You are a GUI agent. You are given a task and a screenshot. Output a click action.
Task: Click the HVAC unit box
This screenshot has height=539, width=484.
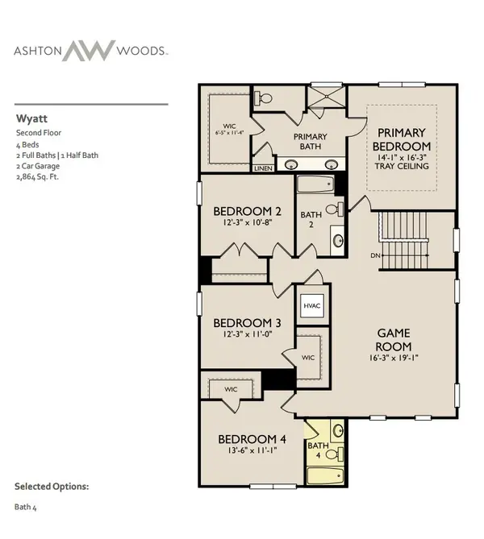tap(312, 305)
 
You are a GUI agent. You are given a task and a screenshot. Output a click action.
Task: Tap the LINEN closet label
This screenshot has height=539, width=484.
tap(263, 168)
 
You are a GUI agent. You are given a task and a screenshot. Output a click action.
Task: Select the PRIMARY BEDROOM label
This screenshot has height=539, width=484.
tap(402, 139)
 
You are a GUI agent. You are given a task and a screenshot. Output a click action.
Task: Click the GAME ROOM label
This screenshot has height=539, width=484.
tap(394, 340)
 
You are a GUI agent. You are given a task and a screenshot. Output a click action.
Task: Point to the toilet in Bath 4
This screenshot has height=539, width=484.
tap(335, 454)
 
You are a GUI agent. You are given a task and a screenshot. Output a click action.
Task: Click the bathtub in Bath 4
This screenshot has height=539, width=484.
tap(325, 475)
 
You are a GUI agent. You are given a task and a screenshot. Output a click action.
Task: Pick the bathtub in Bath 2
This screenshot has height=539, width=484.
tap(315, 185)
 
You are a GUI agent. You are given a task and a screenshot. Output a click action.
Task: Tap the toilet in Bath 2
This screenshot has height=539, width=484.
tap(335, 209)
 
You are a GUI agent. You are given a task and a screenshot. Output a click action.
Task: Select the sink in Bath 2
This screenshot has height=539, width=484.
tap(338, 240)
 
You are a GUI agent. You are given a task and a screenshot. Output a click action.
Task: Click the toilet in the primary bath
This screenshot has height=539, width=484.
tap(263, 98)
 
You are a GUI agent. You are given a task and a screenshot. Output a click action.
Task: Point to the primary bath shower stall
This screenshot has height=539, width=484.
tap(326, 97)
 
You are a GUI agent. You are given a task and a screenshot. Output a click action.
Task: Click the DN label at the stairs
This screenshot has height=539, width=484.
tap(375, 255)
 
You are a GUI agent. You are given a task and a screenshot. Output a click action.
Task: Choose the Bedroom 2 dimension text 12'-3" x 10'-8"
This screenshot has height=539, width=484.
tap(248, 222)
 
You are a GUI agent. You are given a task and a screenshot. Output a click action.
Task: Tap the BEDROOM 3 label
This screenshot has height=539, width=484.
tap(247, 323)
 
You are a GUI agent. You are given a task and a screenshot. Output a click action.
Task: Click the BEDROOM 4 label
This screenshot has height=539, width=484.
tap(252, 439)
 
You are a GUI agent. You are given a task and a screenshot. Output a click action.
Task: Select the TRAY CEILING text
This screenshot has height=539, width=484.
tap(402, 166)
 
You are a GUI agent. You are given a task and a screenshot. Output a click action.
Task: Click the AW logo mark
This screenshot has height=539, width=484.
tap(89, 51)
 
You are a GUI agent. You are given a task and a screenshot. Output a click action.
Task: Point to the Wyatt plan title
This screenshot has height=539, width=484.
tap(31, 118)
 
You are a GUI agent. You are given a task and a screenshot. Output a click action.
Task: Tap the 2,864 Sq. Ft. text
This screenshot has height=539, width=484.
tap(38, 177)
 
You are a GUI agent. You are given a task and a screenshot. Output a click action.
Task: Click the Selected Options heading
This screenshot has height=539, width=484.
tap(52, 487)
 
